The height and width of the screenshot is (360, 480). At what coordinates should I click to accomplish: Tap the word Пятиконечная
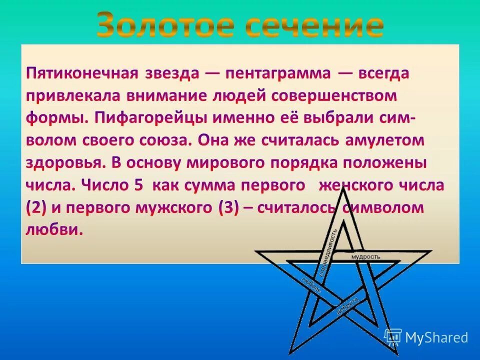[x=81, y=73]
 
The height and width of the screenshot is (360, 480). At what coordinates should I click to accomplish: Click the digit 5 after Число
[x=138, y=185]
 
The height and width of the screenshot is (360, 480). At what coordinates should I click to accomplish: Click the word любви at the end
[x=52, y=230]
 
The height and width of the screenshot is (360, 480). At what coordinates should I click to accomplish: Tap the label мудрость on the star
[x=366, y=256]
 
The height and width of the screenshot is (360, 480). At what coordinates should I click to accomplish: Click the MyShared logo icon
[x=393, y=337]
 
